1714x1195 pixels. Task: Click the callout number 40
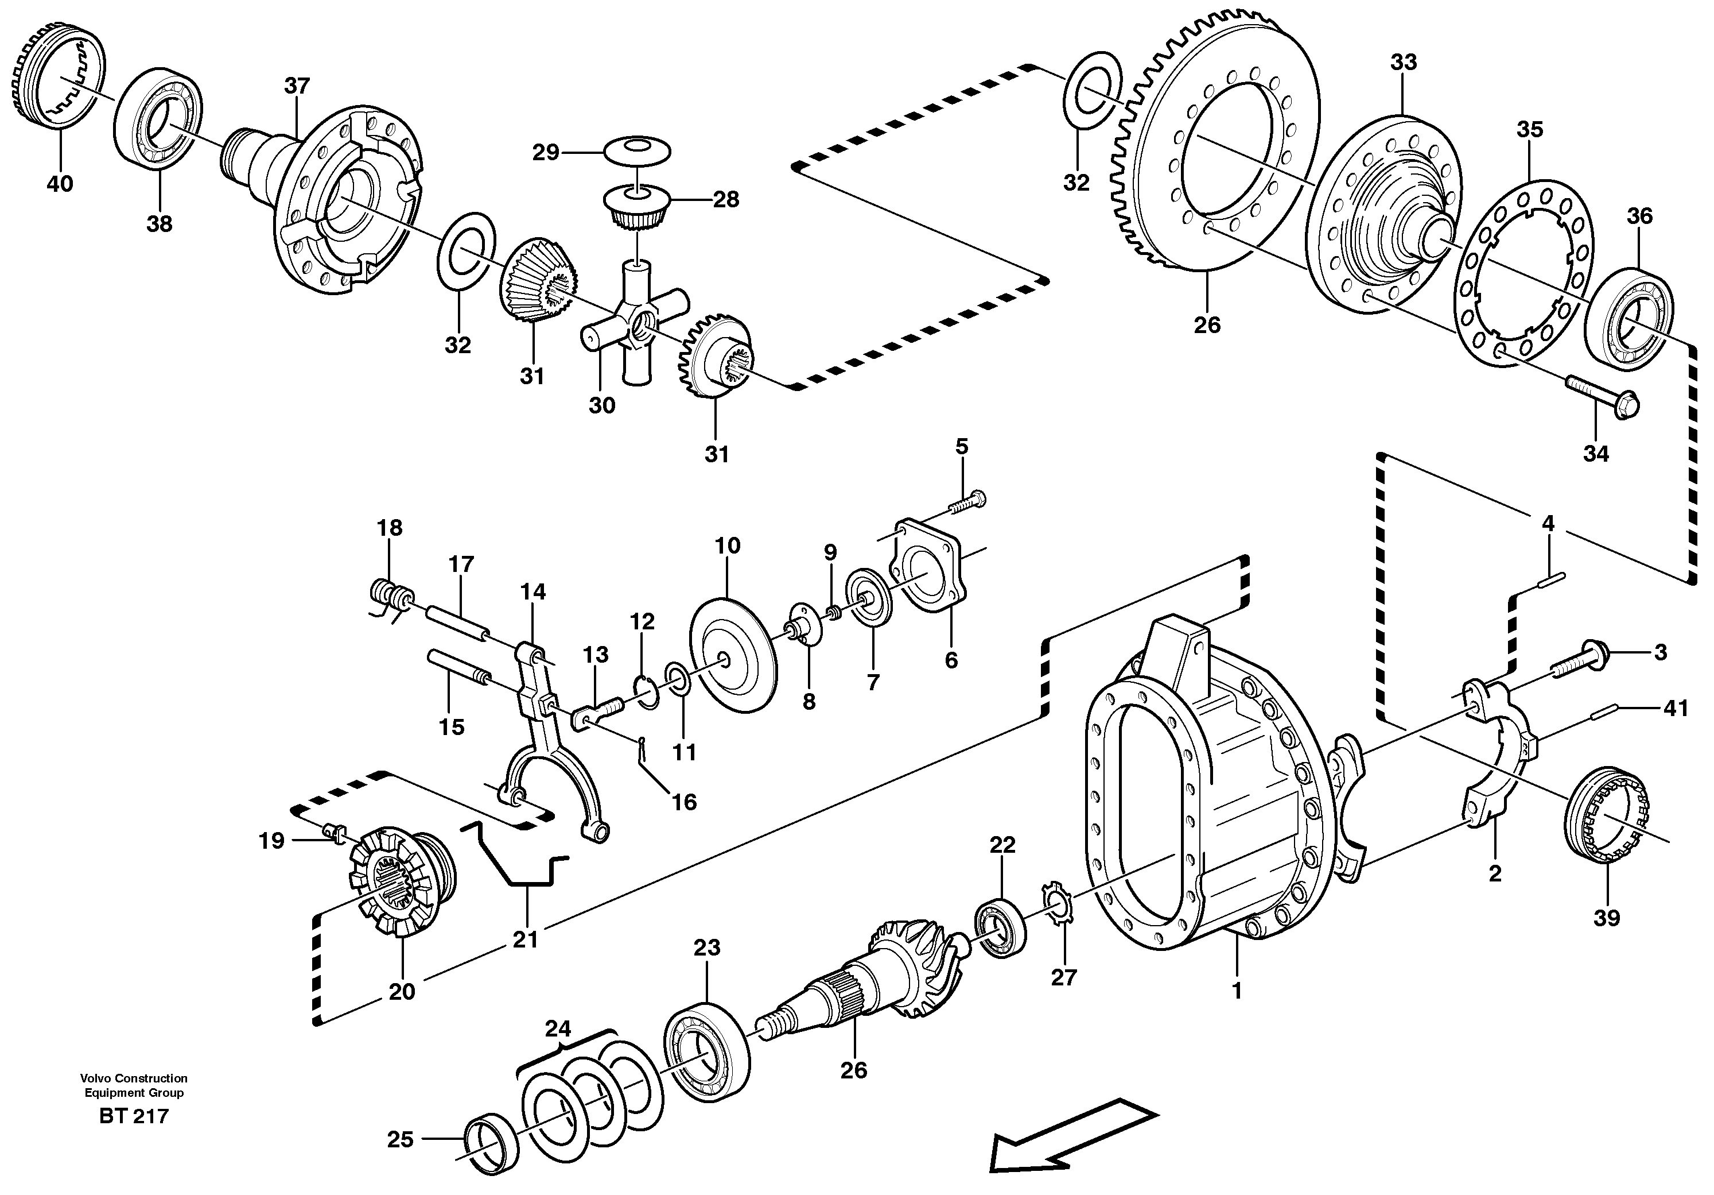60,184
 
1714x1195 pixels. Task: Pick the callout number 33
1403,63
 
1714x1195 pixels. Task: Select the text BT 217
134,1116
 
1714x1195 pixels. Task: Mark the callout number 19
272,841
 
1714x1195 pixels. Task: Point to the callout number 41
1677,708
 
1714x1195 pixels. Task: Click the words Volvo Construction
134,1078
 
